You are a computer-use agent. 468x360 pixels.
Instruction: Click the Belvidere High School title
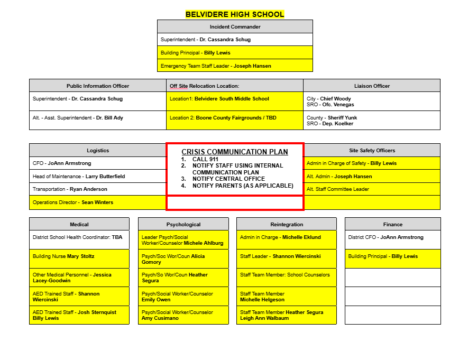[235, 14]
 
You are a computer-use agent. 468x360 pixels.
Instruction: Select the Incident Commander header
[235, 27]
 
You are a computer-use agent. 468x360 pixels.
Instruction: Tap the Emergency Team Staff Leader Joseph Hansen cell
[235, 66]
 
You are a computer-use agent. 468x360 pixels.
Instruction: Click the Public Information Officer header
[98, 86]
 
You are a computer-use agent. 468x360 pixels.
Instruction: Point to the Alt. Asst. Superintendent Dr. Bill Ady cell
[98, 118]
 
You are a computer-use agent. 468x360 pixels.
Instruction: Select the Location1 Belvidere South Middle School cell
[235, 99]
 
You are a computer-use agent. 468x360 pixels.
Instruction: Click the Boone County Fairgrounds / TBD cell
[235, 118]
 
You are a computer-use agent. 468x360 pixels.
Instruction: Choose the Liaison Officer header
[372, 86]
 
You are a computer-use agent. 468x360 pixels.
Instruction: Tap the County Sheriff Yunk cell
[372, 121]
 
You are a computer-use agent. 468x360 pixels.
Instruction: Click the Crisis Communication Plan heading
[235, 152]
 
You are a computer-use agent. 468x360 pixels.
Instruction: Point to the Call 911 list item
[205, 159]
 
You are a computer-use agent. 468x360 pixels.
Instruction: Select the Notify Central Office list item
[228, 179]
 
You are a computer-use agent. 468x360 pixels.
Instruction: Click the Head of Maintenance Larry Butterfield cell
[98, 177]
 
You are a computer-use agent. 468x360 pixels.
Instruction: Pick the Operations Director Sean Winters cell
[98, 202]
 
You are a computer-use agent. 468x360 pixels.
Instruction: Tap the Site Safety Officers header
[372, 151]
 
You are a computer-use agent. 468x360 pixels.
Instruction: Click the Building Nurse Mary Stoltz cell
[79, 257]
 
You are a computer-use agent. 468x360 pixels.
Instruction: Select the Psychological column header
[183, 225]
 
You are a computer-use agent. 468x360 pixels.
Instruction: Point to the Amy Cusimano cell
[183, 315]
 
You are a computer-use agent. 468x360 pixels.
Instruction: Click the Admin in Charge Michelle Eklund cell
[286, 238]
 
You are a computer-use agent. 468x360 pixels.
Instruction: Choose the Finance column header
[392, 225]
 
